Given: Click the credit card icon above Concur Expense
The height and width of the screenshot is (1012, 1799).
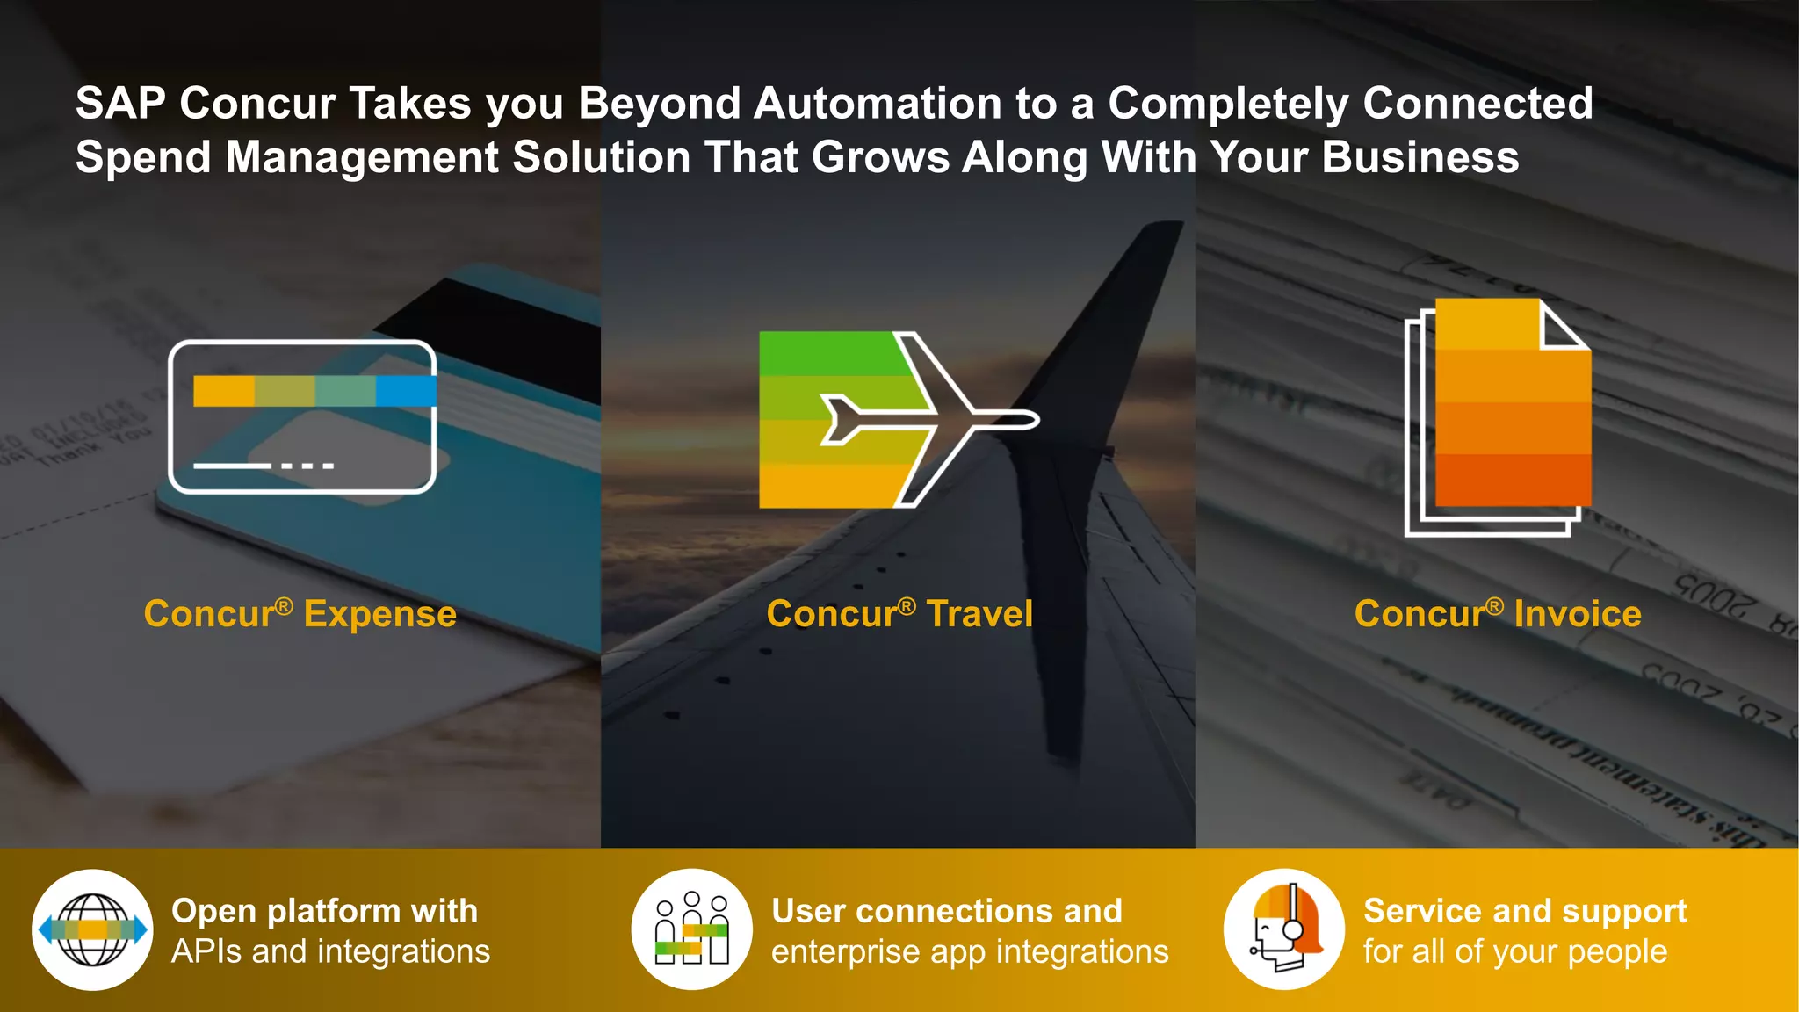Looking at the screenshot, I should coord(302,416).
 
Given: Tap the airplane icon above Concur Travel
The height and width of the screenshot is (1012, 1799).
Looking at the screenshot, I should coord(898,419).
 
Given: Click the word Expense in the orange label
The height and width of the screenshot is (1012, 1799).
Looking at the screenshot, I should coord(379,614).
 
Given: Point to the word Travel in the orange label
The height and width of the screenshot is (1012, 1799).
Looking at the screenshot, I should coord(979,614).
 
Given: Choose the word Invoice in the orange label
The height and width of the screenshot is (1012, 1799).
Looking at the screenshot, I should coord(1578,614).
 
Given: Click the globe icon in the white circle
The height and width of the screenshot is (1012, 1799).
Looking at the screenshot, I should coord(92,929).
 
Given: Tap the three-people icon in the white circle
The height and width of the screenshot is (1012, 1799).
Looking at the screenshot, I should coord(692,929).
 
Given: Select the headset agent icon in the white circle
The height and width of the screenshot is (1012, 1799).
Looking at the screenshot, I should coord(1284,929).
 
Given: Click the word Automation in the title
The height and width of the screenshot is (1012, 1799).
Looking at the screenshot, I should coord(878,104).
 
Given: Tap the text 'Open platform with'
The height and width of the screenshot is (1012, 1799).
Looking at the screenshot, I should coord(324,911).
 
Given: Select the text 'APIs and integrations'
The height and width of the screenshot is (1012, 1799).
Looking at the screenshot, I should coord(330,951).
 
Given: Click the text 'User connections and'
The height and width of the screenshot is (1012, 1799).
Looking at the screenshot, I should coord(947,911).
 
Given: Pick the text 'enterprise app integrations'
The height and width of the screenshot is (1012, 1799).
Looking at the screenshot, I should coord(970,951).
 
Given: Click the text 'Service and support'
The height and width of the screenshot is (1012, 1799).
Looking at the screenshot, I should coord(1525,911).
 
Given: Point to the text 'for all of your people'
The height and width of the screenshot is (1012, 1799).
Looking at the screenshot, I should coord(1515,951).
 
